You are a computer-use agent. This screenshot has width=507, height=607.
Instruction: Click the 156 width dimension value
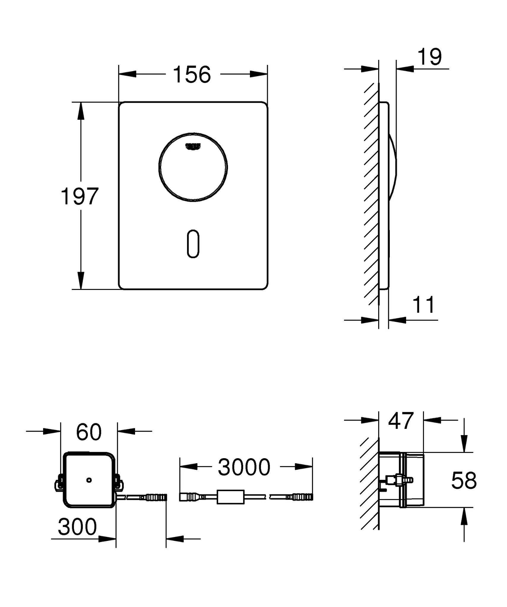[192, 74]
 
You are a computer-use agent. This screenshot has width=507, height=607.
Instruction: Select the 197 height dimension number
[79, 196]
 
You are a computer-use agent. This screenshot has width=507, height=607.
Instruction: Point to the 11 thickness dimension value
[424, 305]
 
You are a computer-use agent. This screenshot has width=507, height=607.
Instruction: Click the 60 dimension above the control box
[89, 432]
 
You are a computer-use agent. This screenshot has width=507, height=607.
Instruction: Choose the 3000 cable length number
[244, 467]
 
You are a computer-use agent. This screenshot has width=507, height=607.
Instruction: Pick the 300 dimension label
[77, 527]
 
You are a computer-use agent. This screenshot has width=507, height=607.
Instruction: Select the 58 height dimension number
[464, 481]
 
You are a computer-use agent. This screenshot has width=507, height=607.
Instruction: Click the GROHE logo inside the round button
[193, 146]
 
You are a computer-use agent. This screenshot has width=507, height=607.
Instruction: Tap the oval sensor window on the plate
[193, 244]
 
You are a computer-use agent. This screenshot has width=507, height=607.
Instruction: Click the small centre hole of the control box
[89, 480]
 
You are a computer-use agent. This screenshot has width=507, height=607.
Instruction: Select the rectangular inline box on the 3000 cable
[230, 497]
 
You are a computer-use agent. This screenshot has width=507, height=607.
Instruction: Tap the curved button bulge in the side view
[393, 167]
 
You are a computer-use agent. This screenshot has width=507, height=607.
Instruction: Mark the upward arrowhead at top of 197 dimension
[80, 111]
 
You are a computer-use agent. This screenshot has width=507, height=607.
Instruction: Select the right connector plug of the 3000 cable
[303, 497]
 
